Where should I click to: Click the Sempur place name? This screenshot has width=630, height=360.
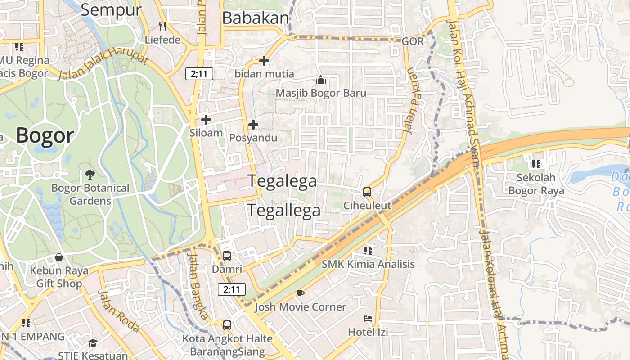click(111, 10)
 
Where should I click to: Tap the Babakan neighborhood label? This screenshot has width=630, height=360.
click(255, 18)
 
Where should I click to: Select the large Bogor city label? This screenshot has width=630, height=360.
click(45, 135)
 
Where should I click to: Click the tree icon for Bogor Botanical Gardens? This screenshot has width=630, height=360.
click(90, 174)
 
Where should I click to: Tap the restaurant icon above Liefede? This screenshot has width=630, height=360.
click(162, 27)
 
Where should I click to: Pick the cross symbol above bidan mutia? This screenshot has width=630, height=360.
click(264, 60)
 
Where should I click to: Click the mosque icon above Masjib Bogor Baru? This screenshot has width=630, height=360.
click(321, 80)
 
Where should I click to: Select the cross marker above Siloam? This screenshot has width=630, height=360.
click(206, 120)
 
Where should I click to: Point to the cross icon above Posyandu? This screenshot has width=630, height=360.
click(253, 125)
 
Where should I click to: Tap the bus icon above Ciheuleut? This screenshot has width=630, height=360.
click(367, 192)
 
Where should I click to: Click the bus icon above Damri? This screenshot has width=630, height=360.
click(227, 256)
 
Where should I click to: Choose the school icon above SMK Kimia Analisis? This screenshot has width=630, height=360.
click(368, 250)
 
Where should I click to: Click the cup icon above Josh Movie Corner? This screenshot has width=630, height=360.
click(300, 294)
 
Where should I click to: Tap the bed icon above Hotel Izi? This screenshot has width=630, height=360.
click(368, 319)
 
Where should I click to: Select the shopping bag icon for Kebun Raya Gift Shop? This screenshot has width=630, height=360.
click(59, 257)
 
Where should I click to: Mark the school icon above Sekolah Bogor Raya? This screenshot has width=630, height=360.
click(536, 164)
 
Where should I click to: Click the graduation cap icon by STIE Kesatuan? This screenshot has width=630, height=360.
click(92, 343)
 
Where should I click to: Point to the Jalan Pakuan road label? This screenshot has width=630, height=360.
click(409, 101)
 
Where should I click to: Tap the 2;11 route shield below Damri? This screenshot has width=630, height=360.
click(232, 289)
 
